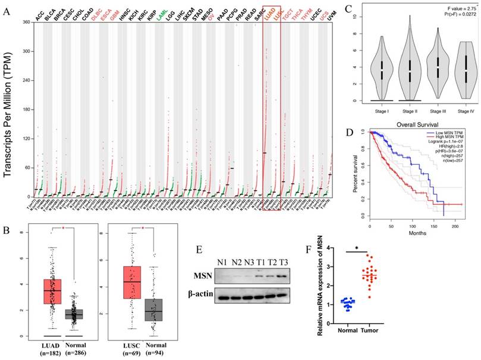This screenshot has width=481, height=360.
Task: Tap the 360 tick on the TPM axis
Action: coord(27,22)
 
